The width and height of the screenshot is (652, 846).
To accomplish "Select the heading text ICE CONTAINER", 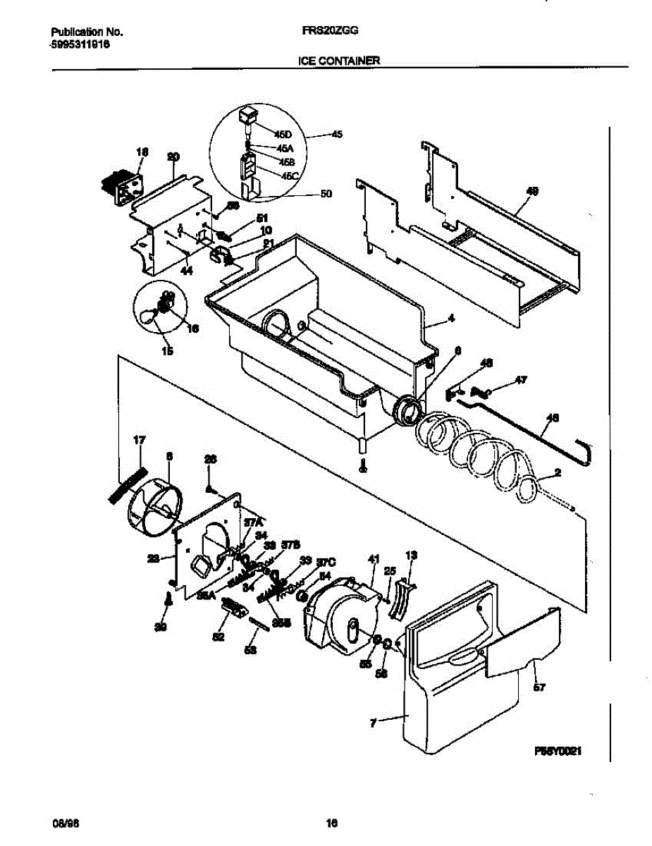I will pyautogui.click(x=338, y=61).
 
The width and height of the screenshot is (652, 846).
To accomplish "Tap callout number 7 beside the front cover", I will pyautogui.click(x=373, y=721).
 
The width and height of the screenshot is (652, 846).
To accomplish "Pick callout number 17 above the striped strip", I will pyautogui.click(x=139, y=441).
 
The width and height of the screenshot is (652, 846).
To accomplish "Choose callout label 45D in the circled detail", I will pyautogui.click(x=283, y=134).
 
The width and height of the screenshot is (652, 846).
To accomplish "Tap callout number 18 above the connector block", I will pyautogui.click(x=142, y=152).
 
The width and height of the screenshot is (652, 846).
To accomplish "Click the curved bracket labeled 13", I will pyautogui.click(x=402, y=599).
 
